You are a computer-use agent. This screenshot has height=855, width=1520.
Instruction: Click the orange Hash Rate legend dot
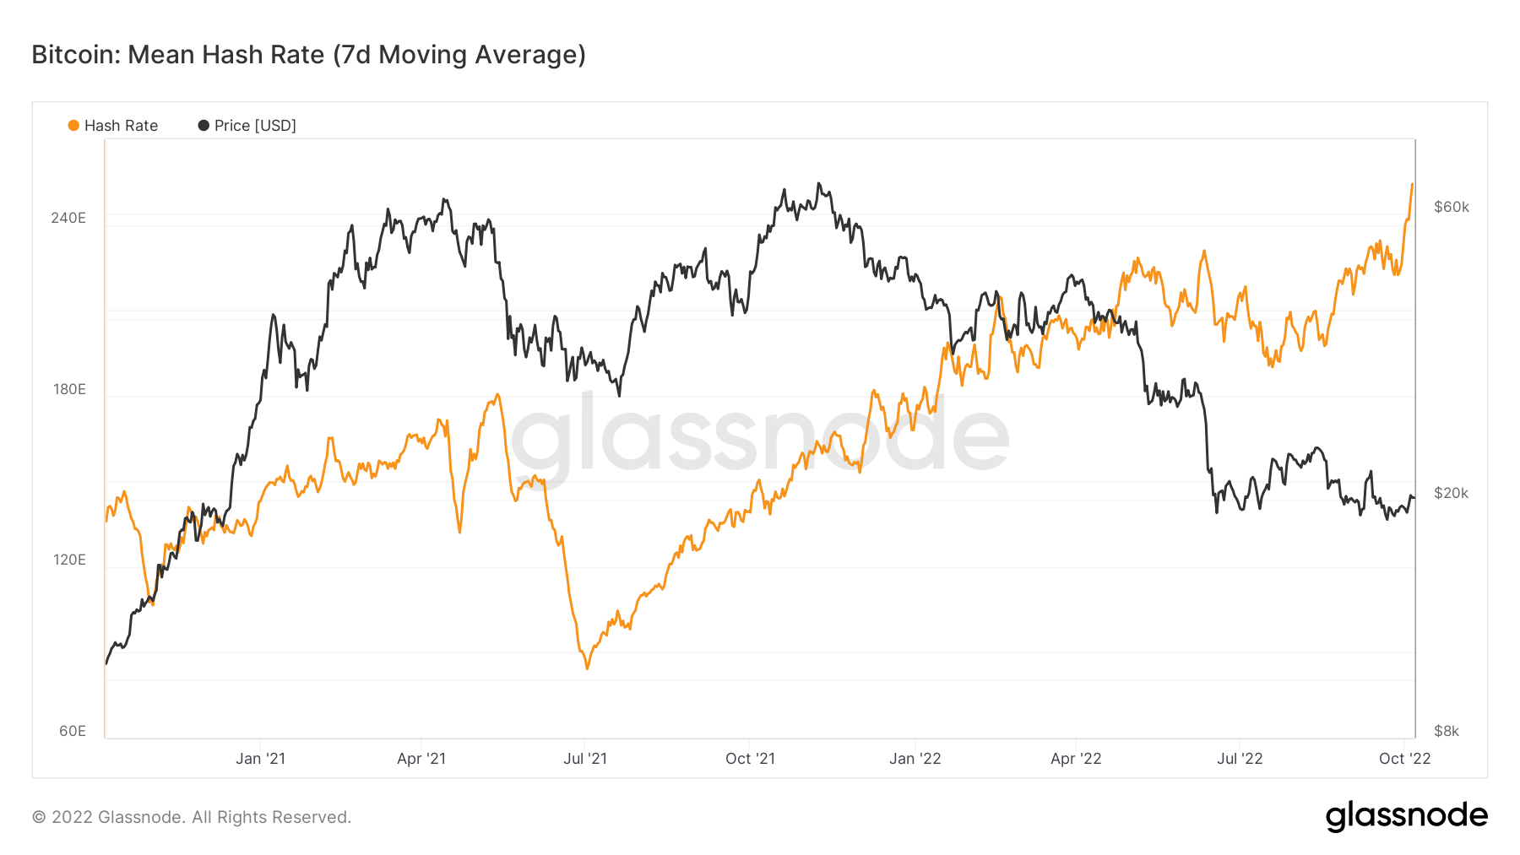pyautogui.click(x=73, y=126)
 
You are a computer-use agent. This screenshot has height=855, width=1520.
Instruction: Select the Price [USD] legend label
pyautogui.click(x=254, y=126)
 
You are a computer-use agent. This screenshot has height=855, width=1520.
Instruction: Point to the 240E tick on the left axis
pyautogui.click(x=68, y=218)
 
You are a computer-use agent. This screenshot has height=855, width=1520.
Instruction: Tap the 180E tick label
pyautogui.click(x=69, y=389)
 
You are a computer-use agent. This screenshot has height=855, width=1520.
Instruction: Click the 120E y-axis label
pyautogui.click(x=69, y=560)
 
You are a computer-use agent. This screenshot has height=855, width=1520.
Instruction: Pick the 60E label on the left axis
pyautogui.click(x=73, y=731)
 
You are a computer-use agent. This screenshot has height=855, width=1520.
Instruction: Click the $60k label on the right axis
pyautogui.click(x=1451, y=207)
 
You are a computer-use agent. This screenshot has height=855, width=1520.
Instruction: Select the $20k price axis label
pyautogui.click(x=1451, y=493)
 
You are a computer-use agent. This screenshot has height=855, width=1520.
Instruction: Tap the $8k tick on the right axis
pyautogui.click(x=1447, y=731)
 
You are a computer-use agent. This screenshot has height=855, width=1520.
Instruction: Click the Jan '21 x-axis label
pyautogui.click(x=260, y=759)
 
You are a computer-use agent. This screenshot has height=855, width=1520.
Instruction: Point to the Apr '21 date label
pyautogui.click(x=421, y=759)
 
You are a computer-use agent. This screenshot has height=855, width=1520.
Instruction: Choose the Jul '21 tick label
pyautogui.click(x=585, y=759)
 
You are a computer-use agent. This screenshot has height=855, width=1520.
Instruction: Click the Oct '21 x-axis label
pyautogui.click(x=750, y=759)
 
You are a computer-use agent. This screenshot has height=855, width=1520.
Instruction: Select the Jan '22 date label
pyautogui.click(x=915, y=759)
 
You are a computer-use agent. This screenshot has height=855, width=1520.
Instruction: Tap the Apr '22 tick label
pyautogui.click(x=1076, y=759)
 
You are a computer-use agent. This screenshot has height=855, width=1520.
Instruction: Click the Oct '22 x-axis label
pyautogui.click(x=1404, y=759)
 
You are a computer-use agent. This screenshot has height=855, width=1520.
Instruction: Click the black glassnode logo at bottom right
pyautogui.click(x=1406, y=816)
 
